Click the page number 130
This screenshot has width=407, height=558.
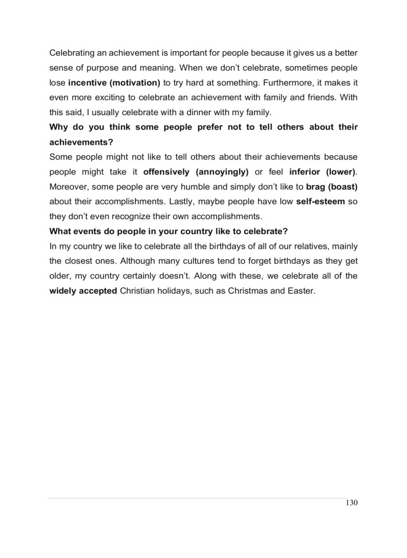[350, 503]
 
